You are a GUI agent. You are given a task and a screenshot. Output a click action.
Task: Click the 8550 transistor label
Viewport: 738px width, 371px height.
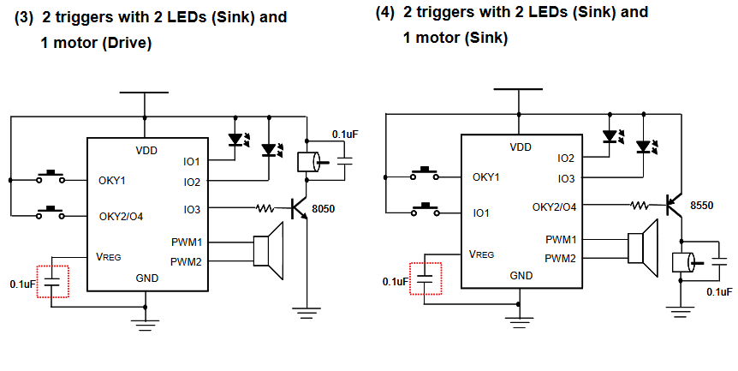pos(704,207)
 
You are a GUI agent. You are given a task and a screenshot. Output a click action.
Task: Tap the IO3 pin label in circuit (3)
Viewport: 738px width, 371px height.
pos(191,209)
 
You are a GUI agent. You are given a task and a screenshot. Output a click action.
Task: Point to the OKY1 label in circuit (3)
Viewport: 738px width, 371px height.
pos(112,181)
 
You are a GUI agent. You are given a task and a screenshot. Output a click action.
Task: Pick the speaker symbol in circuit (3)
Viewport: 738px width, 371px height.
pos(269,250)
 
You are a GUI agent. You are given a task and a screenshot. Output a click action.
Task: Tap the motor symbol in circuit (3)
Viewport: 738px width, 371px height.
pos(307,162)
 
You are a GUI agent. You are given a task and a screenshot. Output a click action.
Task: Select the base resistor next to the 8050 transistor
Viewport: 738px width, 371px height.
pos(266,207)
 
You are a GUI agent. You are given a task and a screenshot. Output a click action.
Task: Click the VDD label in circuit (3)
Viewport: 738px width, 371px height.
pos(146,151)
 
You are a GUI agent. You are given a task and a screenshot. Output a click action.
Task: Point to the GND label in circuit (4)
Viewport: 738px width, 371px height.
pos(521,275)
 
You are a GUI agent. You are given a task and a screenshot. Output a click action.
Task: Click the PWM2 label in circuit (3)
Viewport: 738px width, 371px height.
pos(186,261)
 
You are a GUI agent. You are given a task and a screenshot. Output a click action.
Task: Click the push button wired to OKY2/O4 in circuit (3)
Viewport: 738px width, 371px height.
pos(51,210)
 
